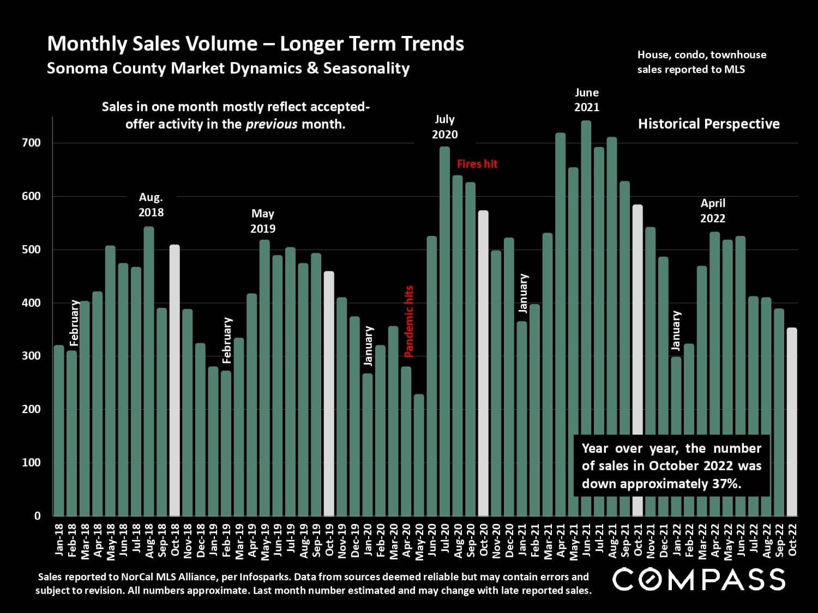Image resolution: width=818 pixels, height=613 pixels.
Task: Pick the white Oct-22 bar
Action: [792, 422]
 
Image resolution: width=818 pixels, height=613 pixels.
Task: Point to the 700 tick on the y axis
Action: [31, 143]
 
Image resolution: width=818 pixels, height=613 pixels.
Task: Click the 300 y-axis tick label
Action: [31, 356]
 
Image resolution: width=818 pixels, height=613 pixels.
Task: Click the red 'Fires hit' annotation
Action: [477, 163]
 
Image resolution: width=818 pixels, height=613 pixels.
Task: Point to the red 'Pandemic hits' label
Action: [409, 321]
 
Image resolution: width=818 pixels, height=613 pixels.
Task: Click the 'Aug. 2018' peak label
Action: [151, 205]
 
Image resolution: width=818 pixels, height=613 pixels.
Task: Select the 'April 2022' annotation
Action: [713, 211]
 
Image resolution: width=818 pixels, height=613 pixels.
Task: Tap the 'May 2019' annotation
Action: [263, 221]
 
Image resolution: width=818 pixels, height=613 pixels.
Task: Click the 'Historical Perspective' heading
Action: [708, 124]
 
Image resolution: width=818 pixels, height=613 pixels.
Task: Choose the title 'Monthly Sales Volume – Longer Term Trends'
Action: [255, 44]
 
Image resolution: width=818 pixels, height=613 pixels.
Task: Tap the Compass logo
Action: [699, 579]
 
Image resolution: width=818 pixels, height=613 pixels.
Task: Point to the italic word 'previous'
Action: [272, 124]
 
